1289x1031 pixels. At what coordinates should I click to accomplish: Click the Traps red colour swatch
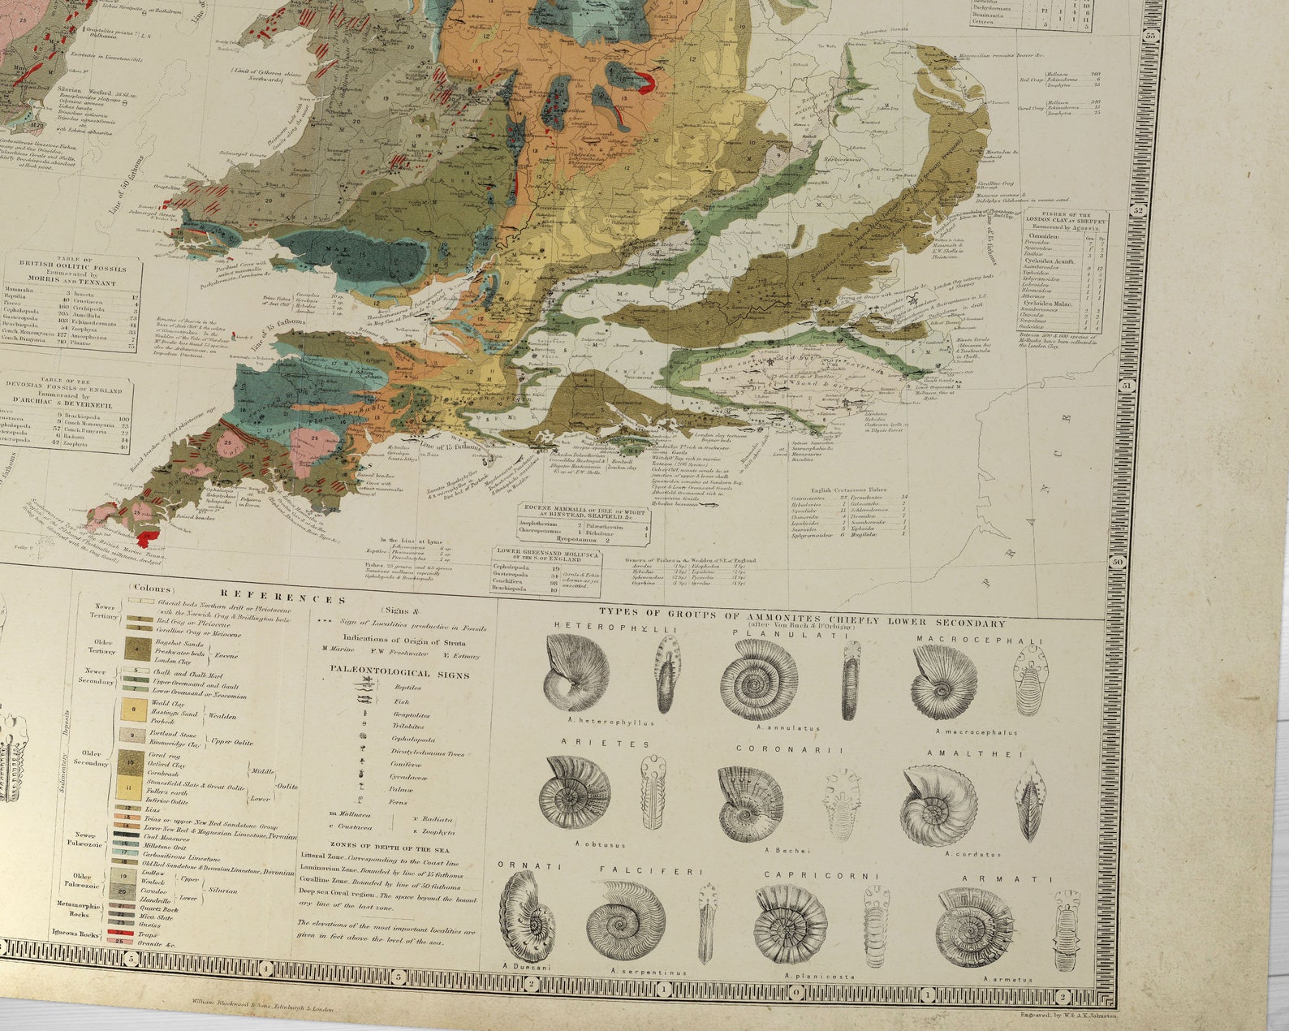click(x=123, y=934)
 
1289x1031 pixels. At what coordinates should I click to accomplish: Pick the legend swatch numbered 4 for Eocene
click(x=132, y=648)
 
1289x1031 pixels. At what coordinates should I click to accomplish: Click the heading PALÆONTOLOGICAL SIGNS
click(x=399, y=673)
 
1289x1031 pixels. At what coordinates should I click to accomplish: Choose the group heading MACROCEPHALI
click(x=980, y=640)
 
